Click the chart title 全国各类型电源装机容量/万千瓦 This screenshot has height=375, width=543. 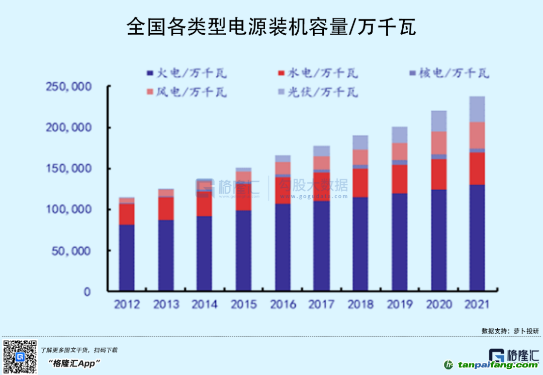click(x=271, y=27)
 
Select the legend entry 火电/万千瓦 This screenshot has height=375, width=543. click(x=187, y=73)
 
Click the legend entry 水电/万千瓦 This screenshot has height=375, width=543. click(x=318, y=73)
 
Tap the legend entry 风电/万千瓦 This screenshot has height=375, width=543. click(x=187, y=92)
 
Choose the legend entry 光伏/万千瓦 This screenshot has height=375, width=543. click(x=318, y=92)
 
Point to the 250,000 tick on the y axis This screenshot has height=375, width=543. click(x=68, y=87)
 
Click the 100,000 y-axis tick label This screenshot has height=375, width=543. click(x=68, y=209)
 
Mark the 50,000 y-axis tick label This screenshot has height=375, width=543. click(x=71, y=251)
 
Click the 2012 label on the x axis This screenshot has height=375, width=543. click(x=127, y=305)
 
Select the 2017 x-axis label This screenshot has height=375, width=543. click(x=321, y=305)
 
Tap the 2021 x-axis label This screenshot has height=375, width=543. click(x=477, y=305)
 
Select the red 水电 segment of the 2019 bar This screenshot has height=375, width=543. click(x=399, y=179)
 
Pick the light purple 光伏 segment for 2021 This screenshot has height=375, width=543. click(x=477, y=109)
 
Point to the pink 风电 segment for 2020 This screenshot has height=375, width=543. click(x=438, y=143)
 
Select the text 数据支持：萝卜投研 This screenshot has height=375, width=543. click(x=510, y=331)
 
